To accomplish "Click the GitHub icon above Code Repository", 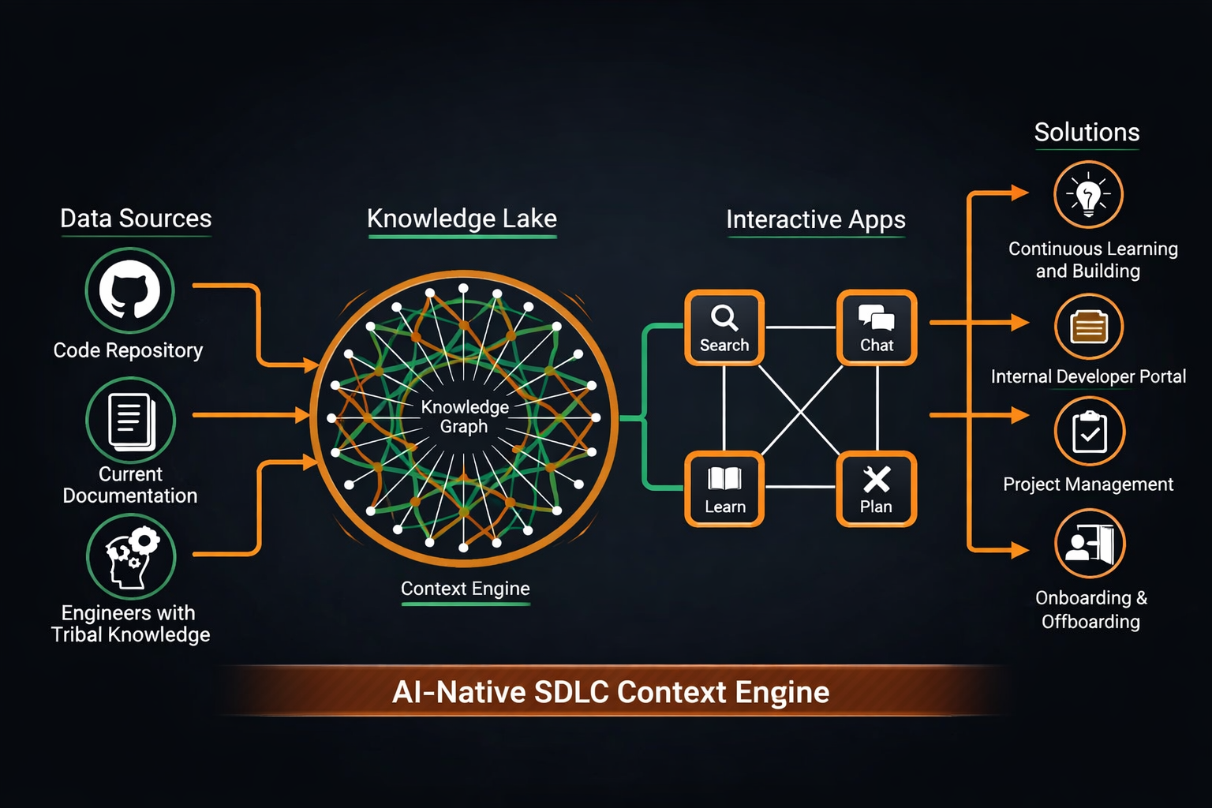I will [x=129, y=290].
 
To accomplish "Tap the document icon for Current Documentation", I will [x=130, y=420].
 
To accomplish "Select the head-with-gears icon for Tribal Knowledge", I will [x=130, y=556].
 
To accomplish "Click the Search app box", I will [x=724, y=327].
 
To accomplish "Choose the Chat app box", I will [x=877, y=327].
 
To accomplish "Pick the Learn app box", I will [x=724, y=489].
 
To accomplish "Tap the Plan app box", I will [x=877, y=489].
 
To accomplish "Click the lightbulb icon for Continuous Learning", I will [x=1088, y=195].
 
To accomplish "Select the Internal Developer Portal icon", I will [x=1088, y=326].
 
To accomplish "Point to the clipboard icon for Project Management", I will [x=1089, y=432].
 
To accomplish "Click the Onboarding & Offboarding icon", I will [x=1089, y=544].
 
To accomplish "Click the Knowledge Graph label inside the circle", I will [x=465, y=417].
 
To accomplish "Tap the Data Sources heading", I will [x=136, y=219].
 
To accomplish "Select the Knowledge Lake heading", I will [x=462, y=219].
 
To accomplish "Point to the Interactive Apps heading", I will [x=816, y=219].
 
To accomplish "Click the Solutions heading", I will [x=1087, y=133].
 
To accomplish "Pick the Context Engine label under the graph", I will [x=466, y=589].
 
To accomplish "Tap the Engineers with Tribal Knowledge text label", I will [x=130, y=623].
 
